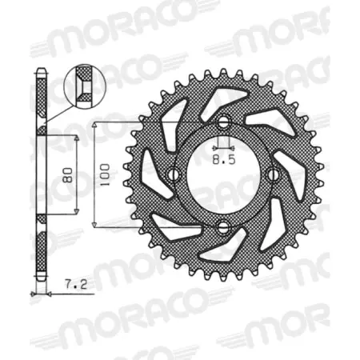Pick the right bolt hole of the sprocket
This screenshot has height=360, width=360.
coord(274,174)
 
